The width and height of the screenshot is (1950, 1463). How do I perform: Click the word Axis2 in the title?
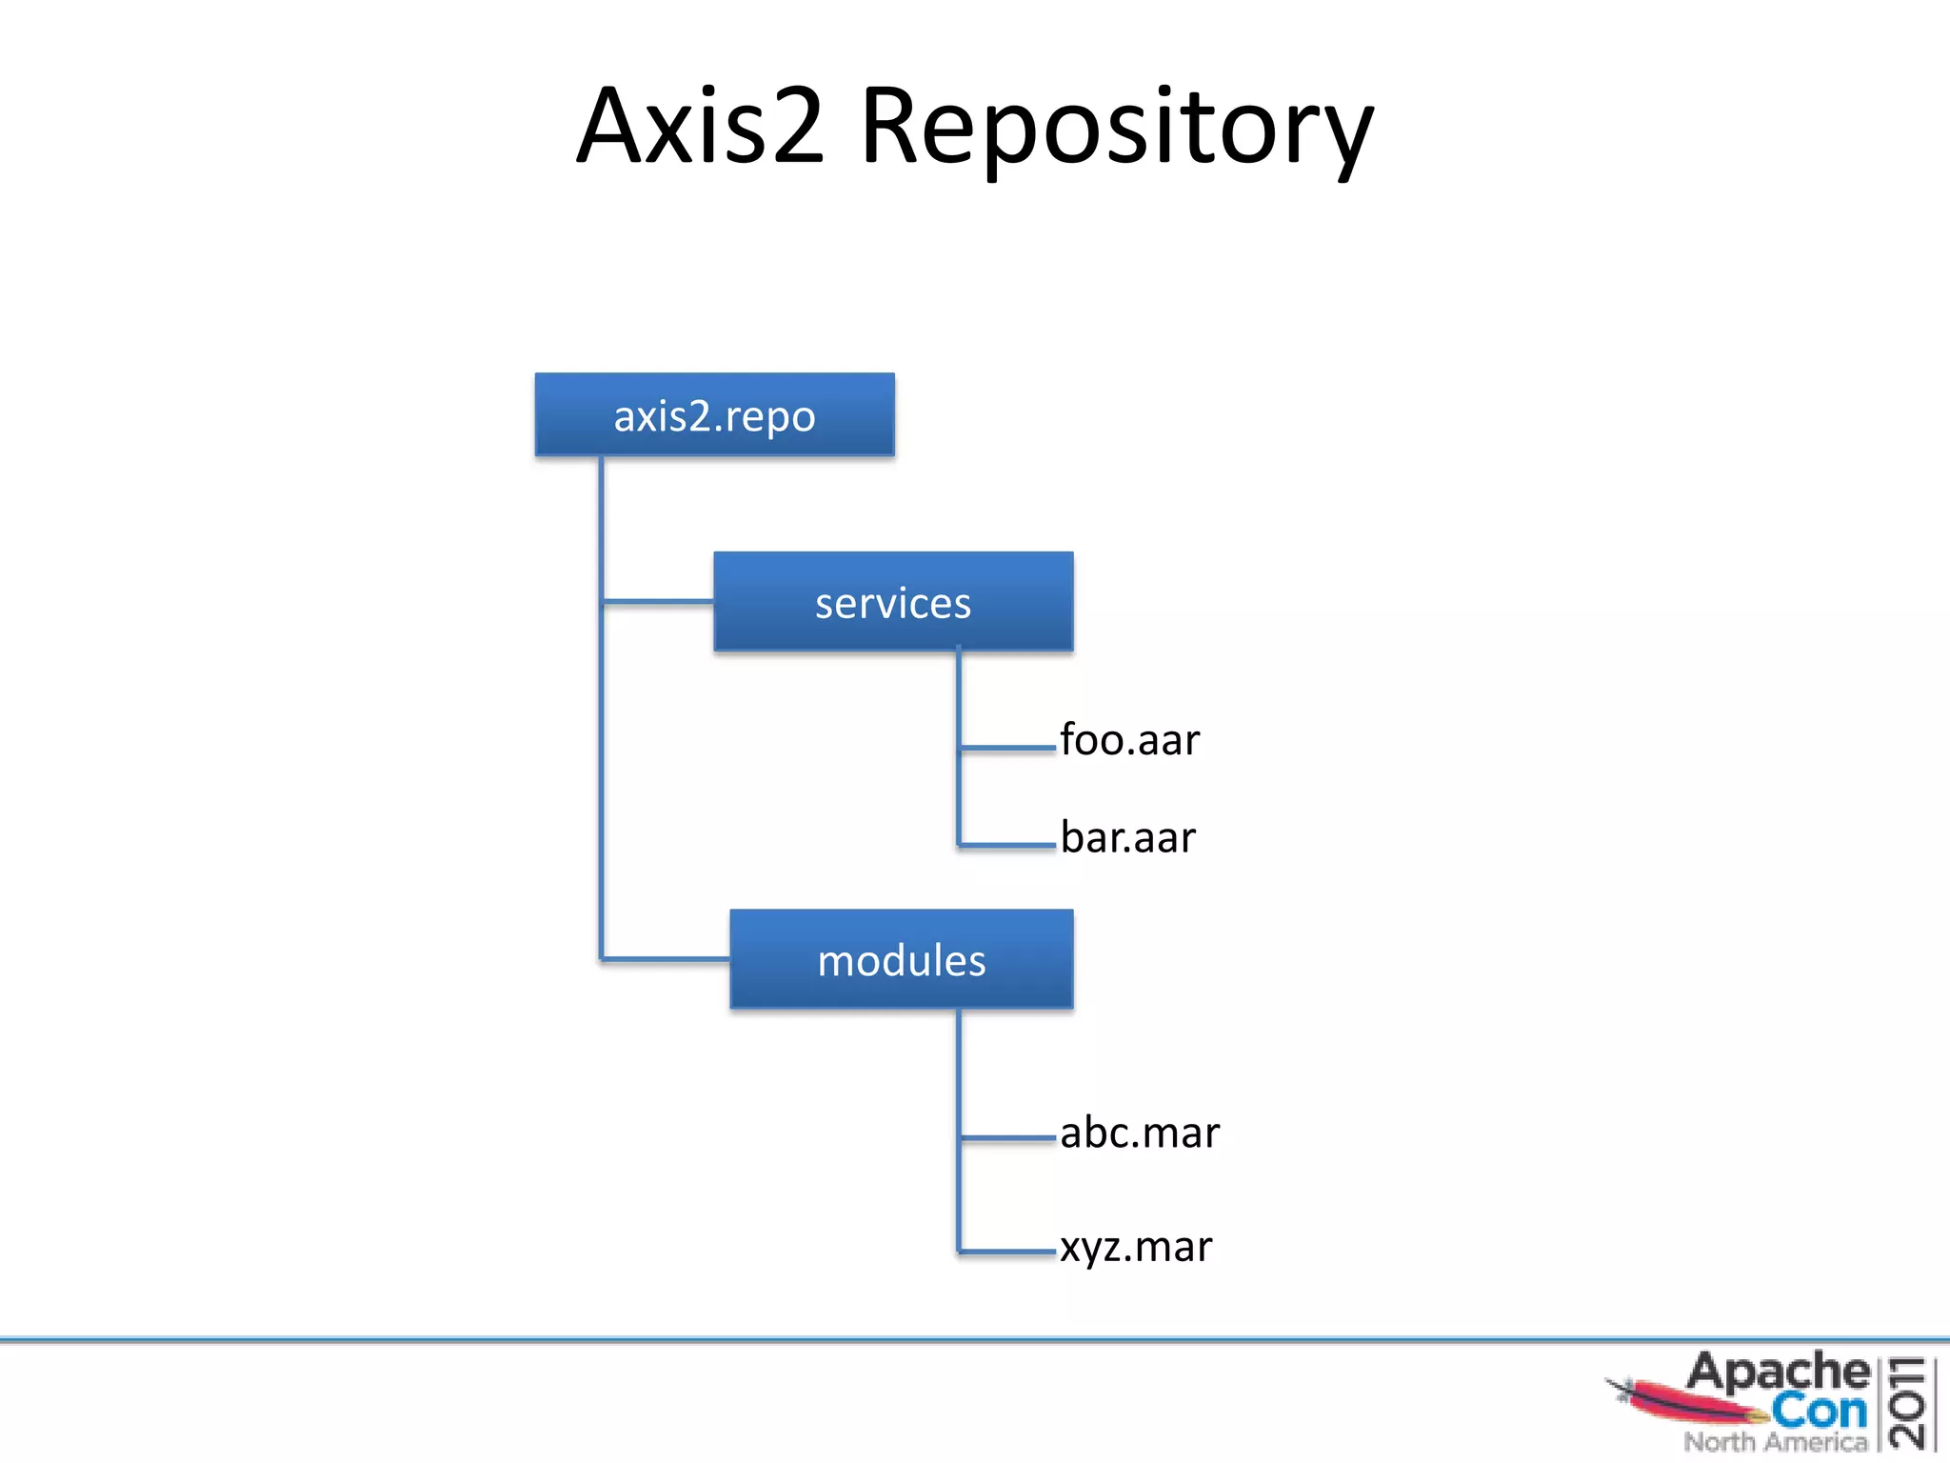pyautogui.click(x=700, y=127)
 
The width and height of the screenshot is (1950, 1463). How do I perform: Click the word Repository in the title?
pyautogui.click(x=1117, y=129)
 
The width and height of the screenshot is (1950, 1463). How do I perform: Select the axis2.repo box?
pyautogui.click(x=714, y=415)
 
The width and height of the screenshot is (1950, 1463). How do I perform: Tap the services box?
pyautogui.click(x=893, y=602)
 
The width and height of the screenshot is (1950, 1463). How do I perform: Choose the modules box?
pyautogui.click(x=901, y=959)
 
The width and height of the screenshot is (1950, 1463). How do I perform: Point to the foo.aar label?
pyautogui.click(x=1129, y=740)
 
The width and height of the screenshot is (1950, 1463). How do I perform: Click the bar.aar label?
pyautogui.click(x=1127, y=837)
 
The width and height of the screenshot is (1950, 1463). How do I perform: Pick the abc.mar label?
pyautogui.click(x=1139, y=1132)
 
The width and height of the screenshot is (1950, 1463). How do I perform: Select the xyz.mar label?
pyautogui.click(x=1136, y=1247)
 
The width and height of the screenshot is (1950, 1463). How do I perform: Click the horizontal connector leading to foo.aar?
pyautogui.click(x=1007, y=749)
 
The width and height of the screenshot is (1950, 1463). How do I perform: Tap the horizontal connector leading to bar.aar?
pyautogui.click(x=1007, y=845)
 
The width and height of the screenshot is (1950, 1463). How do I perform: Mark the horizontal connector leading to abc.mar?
pyautogui.click(x=1007, y=1137)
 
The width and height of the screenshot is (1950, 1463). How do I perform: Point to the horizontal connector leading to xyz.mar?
pyautogui.click(x=1007, y=1252)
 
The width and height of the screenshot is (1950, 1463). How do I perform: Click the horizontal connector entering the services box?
pyautogui.click(x=658, y=601)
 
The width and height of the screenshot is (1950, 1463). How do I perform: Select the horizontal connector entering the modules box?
pyautogui.click(x=666, y=958)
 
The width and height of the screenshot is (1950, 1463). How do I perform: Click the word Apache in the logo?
pyautogui.click(x=1777, y=1373)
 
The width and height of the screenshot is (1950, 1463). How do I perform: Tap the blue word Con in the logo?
pyautogui.click(x=1819, y=1411)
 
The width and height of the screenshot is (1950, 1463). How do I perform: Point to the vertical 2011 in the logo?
pyautogui.click(x=1907, y=1403)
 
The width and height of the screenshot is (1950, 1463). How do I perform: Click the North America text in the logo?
pyautogui.click(x=1776, y=1442)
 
